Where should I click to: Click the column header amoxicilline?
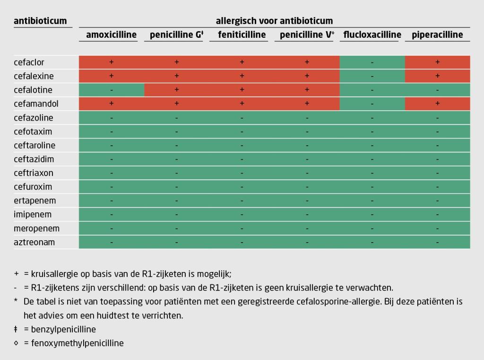tap(111, 35)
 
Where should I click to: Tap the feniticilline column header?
tap(242, 35)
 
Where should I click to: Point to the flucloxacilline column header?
tap(372, 35)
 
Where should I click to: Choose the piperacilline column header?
tap(437, 35)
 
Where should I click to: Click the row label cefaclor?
tap(29, 62)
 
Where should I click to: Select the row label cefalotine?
tap(33, 90)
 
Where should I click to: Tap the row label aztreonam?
tap(35, 242)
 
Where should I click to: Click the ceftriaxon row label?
tap(34, 173)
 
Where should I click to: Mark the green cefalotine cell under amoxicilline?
tap(112, 90)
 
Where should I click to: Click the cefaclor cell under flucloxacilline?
tap(372, 62)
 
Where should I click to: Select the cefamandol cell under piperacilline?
tap(437, 104)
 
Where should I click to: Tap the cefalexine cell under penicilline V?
tap(307, 76)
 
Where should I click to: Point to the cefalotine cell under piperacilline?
tap(437, 90)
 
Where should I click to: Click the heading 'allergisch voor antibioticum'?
tap(274, 21)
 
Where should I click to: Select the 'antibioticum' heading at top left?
tap(40, 21)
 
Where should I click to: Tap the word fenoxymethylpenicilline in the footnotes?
tap(77, 343)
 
